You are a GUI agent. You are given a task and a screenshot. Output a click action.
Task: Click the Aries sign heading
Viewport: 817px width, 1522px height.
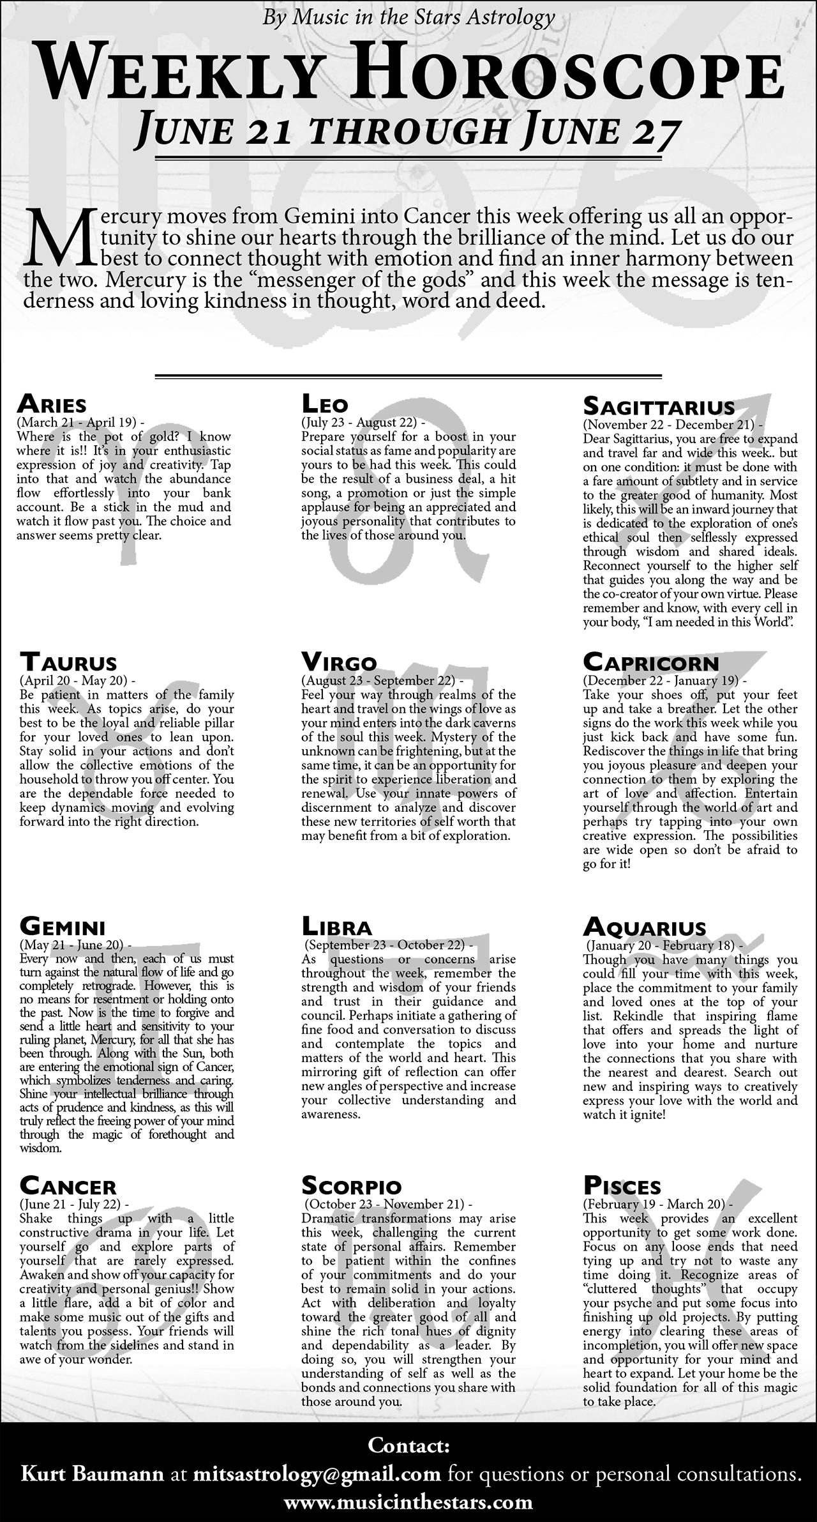tap(52, 404)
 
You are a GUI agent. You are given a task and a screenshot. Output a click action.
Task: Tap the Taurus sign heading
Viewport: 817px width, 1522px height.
tap(68, 662)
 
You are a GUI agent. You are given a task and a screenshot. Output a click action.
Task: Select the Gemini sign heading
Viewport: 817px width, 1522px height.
tap(63, 926)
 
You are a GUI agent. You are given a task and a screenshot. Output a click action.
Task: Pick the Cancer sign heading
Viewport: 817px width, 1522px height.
tap(68, 1186)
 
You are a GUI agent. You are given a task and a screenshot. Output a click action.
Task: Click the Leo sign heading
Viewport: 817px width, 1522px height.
tap(325, 404)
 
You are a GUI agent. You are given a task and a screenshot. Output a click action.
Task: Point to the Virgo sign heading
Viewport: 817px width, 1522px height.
tap(339, 662)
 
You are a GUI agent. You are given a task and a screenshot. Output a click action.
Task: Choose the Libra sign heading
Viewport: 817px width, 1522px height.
tap(336, 926)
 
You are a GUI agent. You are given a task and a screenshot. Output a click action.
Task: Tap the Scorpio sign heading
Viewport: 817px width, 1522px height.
tap(351, 1186)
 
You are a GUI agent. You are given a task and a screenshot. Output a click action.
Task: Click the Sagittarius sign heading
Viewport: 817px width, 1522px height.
tap(659, 406)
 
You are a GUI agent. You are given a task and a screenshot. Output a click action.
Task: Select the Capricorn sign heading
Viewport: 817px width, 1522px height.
tap(650, 662)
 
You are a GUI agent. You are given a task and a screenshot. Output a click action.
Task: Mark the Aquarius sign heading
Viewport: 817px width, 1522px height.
tap(645, 926)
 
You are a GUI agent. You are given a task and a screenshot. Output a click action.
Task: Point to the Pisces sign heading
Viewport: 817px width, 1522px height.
tap(622, 1186)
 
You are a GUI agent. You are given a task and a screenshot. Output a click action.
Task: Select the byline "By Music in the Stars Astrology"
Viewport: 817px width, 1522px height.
tap(408, 17)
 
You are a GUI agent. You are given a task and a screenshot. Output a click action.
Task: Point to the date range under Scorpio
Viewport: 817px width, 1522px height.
tap(387, 1204)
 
